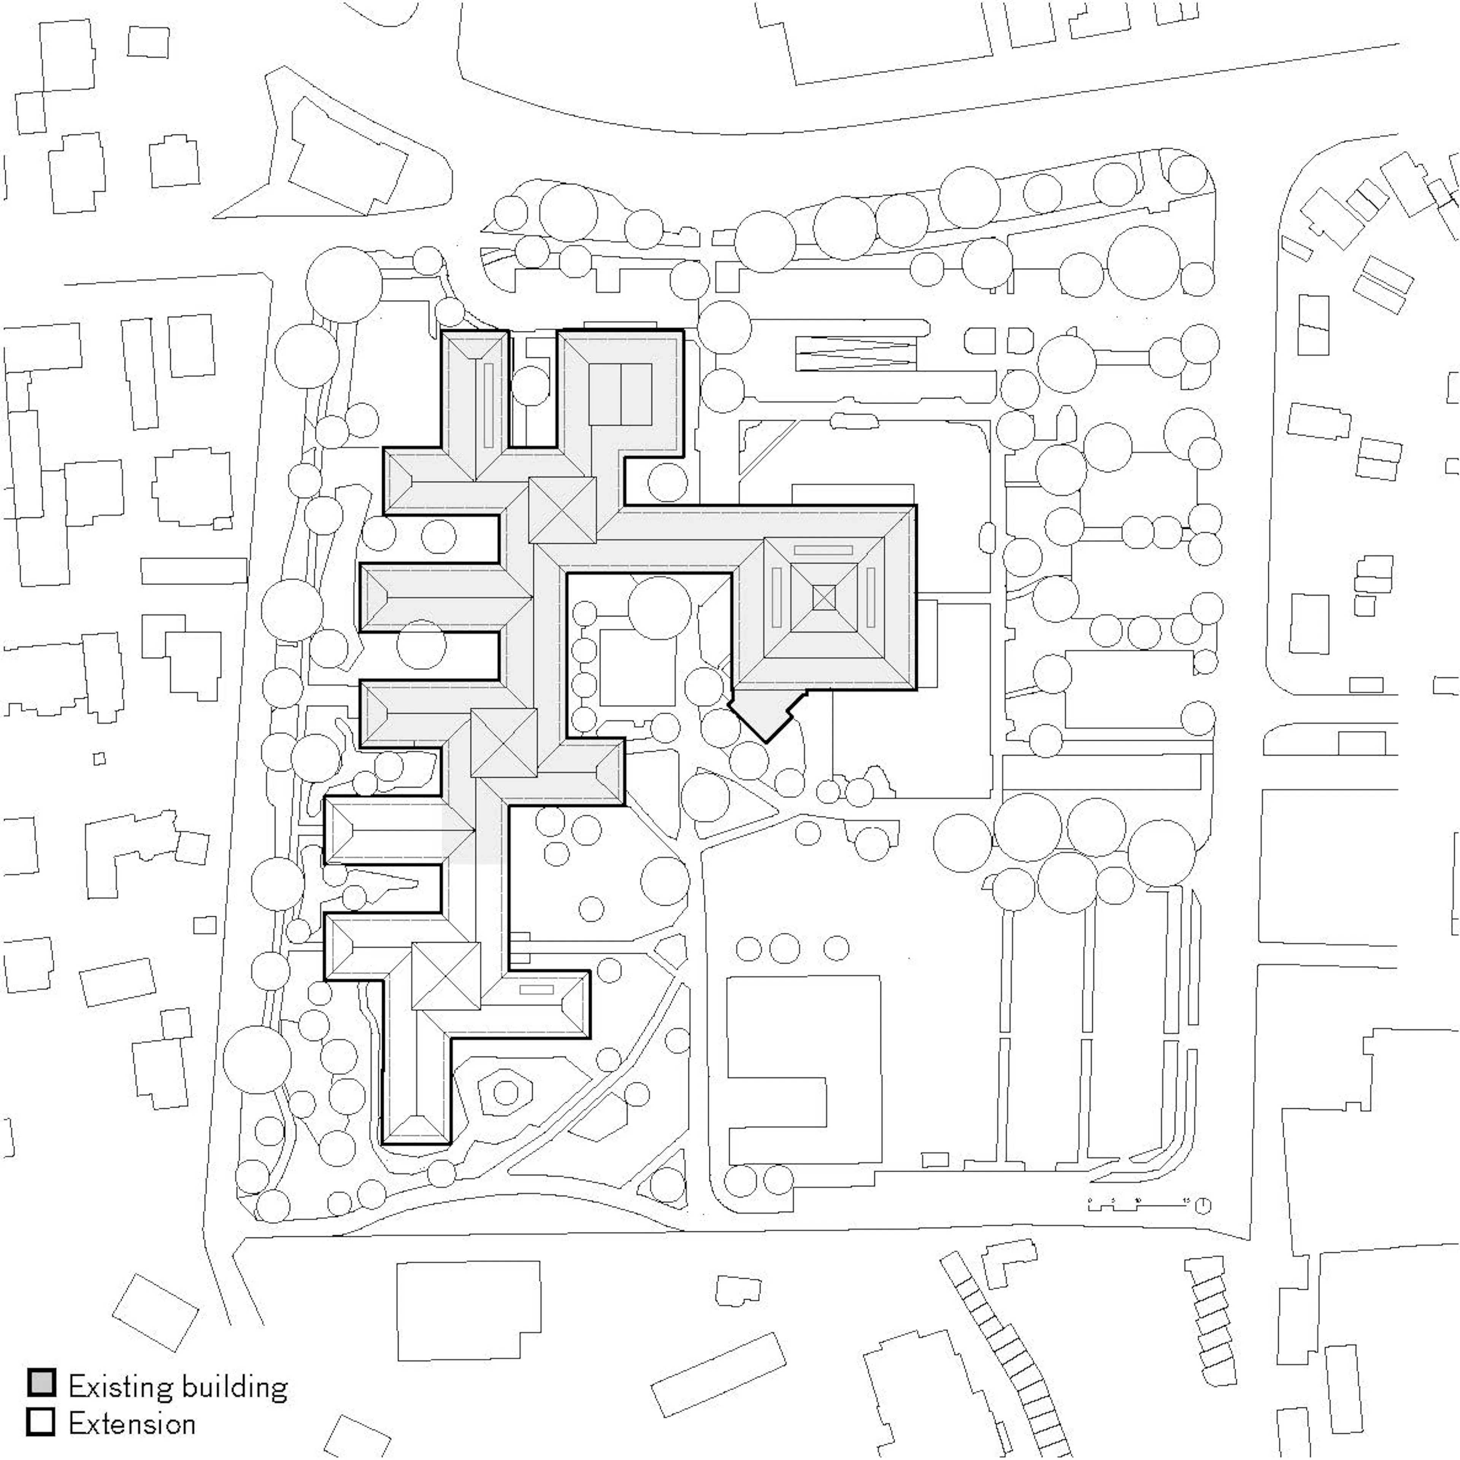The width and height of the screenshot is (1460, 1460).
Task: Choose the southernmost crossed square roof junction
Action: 446,976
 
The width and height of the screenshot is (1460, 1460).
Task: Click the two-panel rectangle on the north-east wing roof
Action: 620,394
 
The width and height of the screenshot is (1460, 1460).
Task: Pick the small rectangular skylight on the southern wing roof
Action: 536,989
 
